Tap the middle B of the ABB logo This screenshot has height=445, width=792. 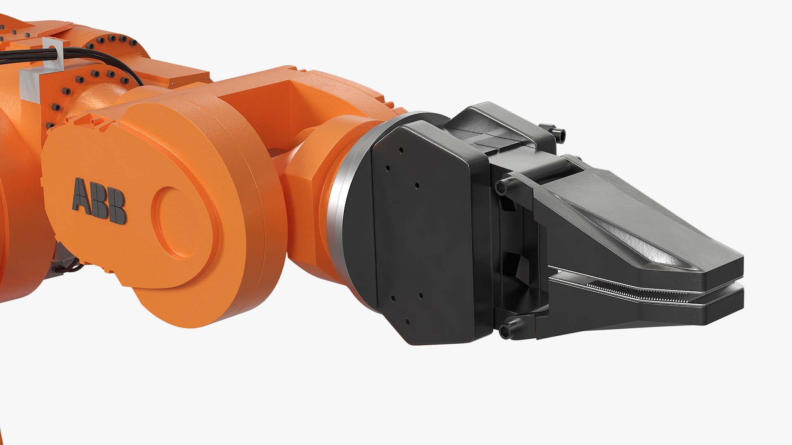[x=101, y=204]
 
